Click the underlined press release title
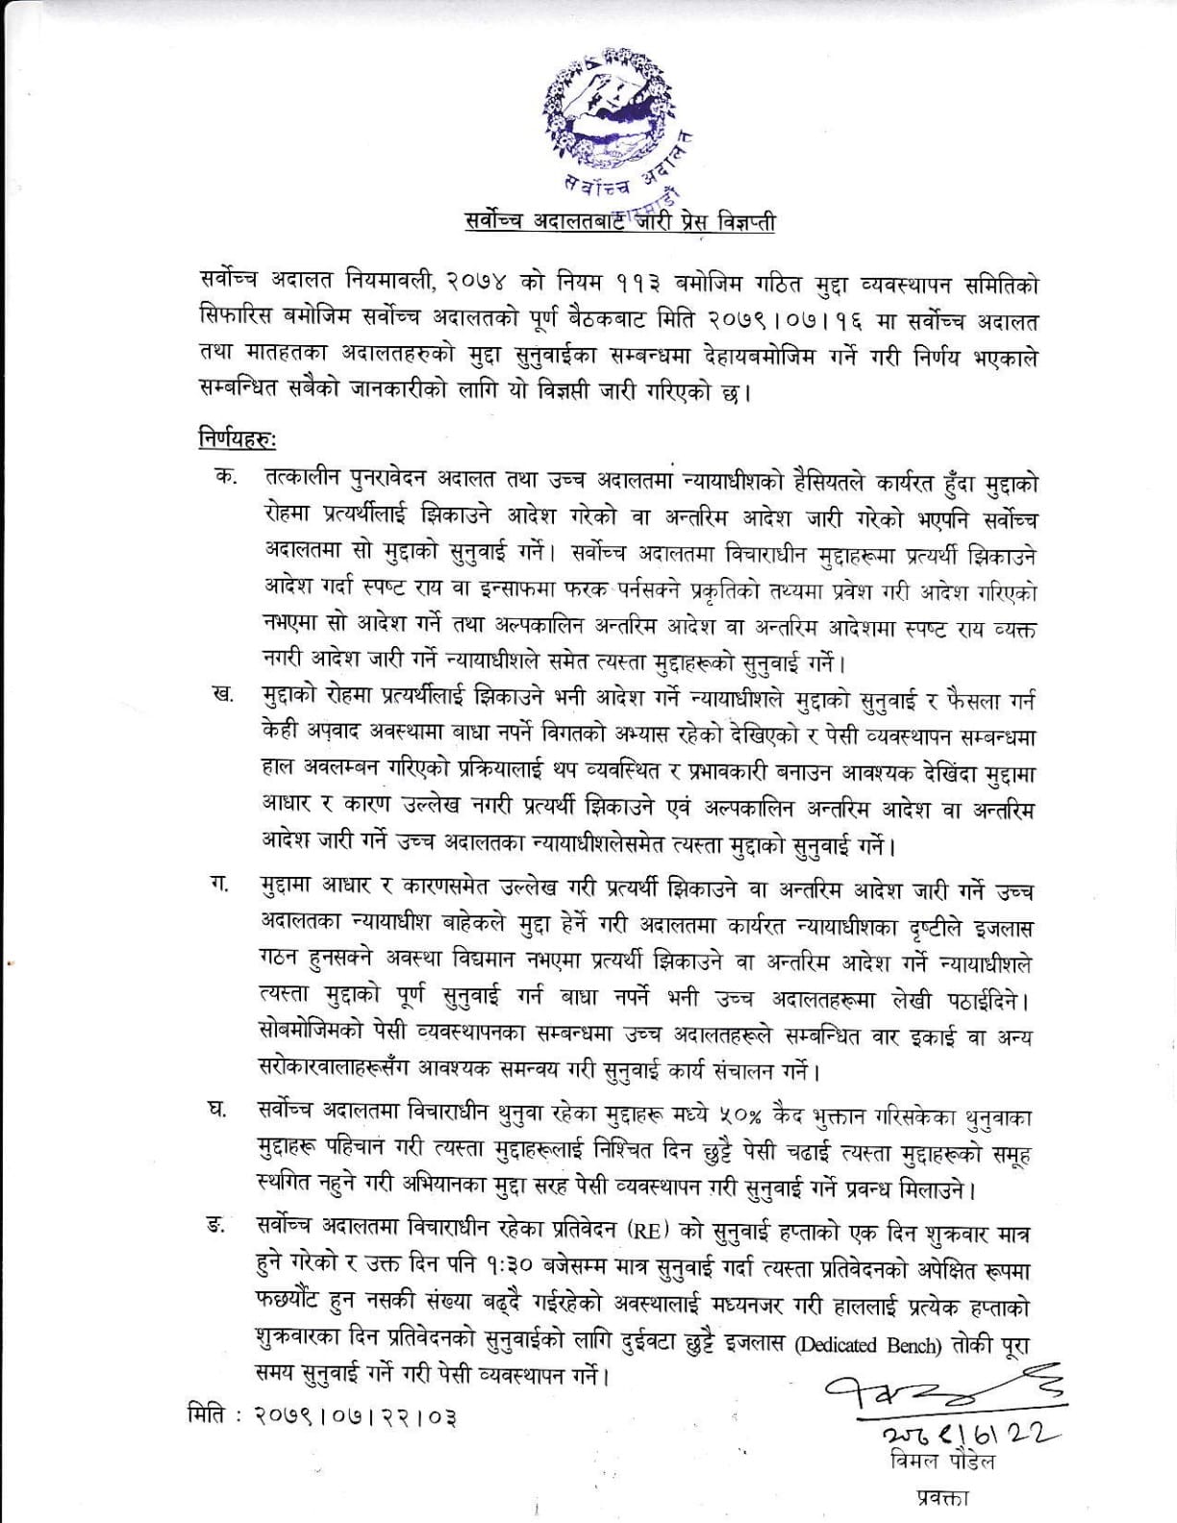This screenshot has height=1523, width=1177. tap(616, 223)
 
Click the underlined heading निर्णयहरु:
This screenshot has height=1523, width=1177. tap(236, 439)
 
